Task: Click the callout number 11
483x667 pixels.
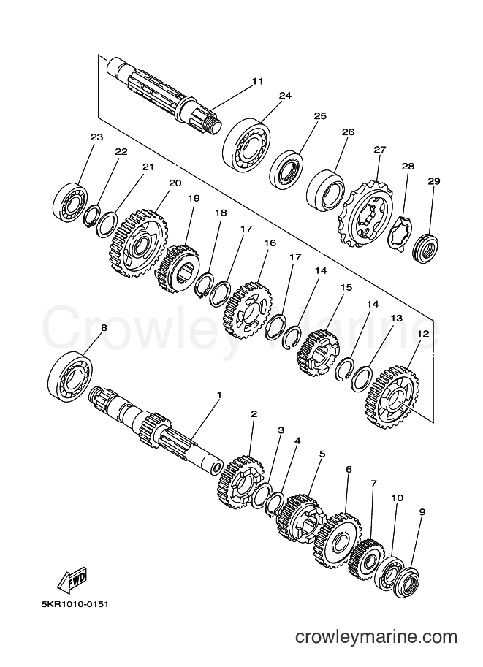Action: point(257,81)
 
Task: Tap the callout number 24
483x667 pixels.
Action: point(285,95)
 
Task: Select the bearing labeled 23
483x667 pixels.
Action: point(71,202)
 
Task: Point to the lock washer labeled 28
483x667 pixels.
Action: point(400,232)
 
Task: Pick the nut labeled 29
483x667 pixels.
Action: point(425,248)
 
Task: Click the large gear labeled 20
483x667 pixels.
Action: point(140,243)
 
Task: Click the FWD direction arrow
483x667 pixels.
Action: point(72,580)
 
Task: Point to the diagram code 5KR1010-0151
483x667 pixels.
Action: point(71,603)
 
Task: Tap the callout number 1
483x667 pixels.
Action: point(219,395)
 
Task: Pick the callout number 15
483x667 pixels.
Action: point(346,288)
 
